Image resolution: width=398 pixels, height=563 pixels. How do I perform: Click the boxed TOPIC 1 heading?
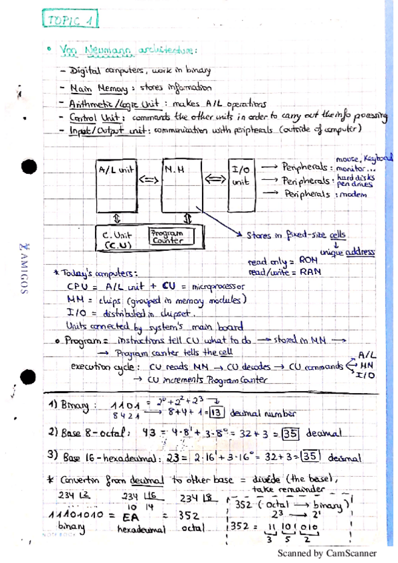tap(70, 20)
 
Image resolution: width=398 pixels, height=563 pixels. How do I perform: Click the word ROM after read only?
tap(310, 262)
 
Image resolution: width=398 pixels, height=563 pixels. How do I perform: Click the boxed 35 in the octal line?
tap(290, 434)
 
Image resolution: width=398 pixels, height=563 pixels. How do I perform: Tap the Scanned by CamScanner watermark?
tap(327, 552)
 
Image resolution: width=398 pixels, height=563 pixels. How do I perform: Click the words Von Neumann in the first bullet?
tap(88, 52)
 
